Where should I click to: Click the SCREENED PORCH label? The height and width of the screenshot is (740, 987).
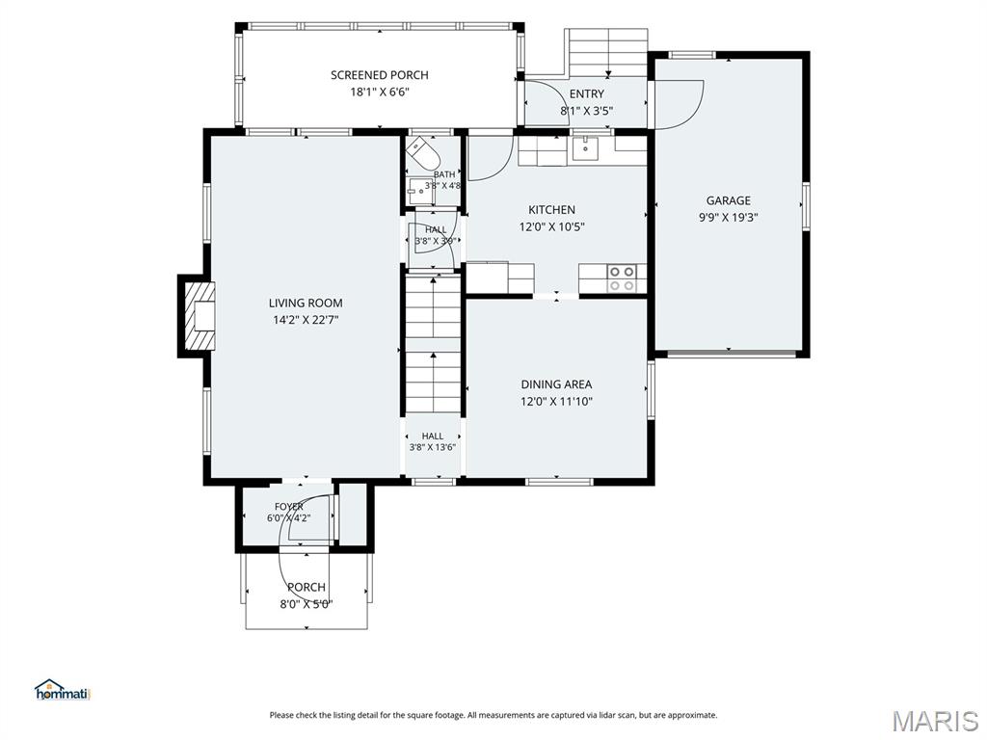coord(380,75)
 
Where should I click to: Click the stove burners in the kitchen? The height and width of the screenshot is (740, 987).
coord(622,278)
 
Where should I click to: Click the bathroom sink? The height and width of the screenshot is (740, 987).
coord(419,191)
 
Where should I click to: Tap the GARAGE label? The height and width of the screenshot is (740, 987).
coord(729,200)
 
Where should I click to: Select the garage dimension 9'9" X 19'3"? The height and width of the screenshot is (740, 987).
coord(729,218)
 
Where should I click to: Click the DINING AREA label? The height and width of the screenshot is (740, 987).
coord(556,384)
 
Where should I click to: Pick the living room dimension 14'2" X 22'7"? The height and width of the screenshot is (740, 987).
coord(306,320)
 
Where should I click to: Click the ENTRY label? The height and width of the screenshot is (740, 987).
coord(587,93)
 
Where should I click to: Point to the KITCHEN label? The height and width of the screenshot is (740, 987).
coord(551,209)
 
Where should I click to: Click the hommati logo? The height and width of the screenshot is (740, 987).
coord(63,690)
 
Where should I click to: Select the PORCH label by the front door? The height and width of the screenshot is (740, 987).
coord(307,587)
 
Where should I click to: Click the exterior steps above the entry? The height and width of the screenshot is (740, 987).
coord(608,53)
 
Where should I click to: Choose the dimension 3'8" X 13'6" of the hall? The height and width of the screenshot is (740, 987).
coord(433,447)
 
